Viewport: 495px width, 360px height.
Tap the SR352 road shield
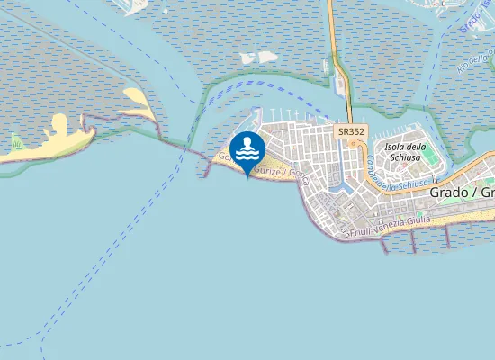351,131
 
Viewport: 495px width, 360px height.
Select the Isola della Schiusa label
404,152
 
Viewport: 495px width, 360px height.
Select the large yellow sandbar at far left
54,139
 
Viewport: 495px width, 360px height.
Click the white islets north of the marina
256,58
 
